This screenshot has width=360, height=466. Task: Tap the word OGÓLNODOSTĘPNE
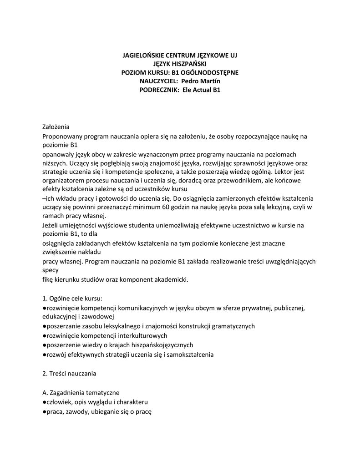coord(211,73)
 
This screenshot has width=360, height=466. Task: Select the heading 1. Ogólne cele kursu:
coord(72,299)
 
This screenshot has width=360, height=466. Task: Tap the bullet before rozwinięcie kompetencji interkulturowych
coord(44,336)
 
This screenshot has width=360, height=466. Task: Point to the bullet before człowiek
coord(44,402)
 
